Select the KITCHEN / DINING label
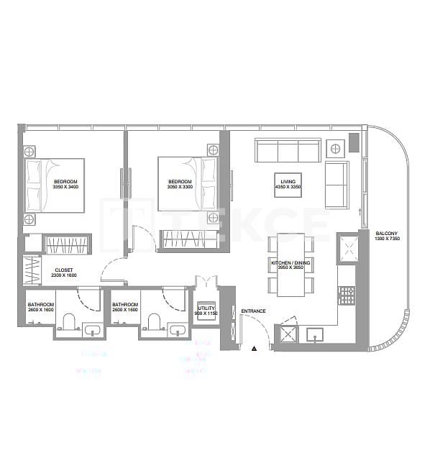(x=291, y=263)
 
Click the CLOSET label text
(x=64, y=270)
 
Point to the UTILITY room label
(x=206, y=308)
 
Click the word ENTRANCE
(x=253, y=311)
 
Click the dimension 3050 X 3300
(x=180, y=186)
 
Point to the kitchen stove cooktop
(x=347, y=295)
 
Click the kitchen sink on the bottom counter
(x=316, y=334)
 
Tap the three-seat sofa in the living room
(x=288, y=151)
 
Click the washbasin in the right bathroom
(x=177, y=331)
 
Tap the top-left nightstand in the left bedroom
(x=30, y=151)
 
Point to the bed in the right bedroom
(x=187, y=183)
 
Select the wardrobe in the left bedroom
(x=66, y=244)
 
